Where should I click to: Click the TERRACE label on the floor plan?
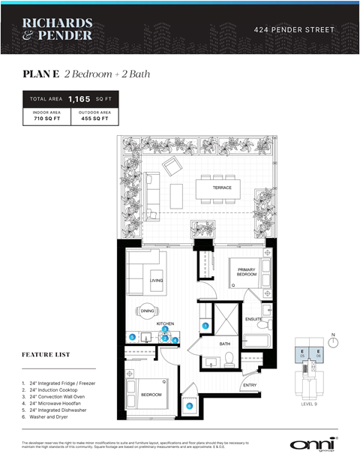[x=222, y=187]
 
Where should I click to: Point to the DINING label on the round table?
[x=147, y=312]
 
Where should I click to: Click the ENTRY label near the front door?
[x=250, y=386]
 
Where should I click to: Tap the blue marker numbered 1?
[x=205, y=326]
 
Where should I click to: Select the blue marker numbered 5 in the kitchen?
[x=132, y=337]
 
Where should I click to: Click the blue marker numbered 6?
[x=189, y=407]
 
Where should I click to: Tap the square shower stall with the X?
[x=226, y=319]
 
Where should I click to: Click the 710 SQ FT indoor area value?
[x=46, y=119]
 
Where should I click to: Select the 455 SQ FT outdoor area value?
[x=94, y=119]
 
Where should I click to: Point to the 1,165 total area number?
[x=79, y=98]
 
